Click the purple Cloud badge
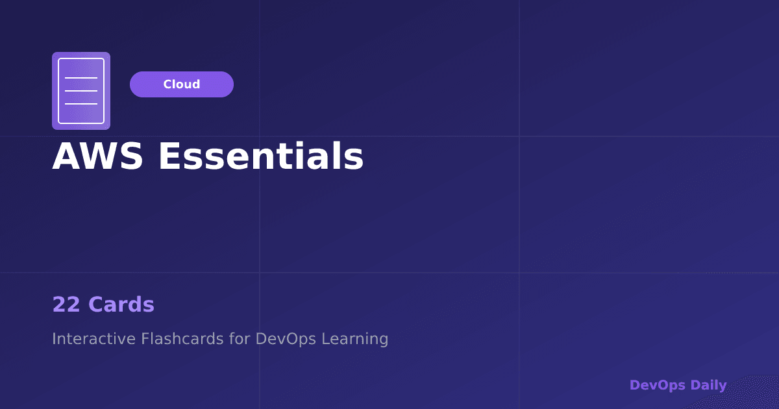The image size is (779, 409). [x=182, y=84]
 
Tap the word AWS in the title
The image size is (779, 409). [x=97, y=156]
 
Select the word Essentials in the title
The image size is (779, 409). [x=261, y=156]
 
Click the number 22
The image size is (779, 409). [x=66, y=304]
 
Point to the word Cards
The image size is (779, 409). [x=121, y=304]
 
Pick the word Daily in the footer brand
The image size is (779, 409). [x=709, y=385]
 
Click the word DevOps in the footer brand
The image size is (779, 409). [x=658, y=385]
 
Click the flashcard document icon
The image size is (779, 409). [x=81, y=91]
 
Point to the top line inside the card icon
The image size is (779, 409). [x=81, y=78]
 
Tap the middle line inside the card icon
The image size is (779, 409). [x=81, y=91]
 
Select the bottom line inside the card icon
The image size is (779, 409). [x=81, y=104]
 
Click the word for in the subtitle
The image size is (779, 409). [x=240, y=339]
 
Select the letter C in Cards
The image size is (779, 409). [x=96, y=304]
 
